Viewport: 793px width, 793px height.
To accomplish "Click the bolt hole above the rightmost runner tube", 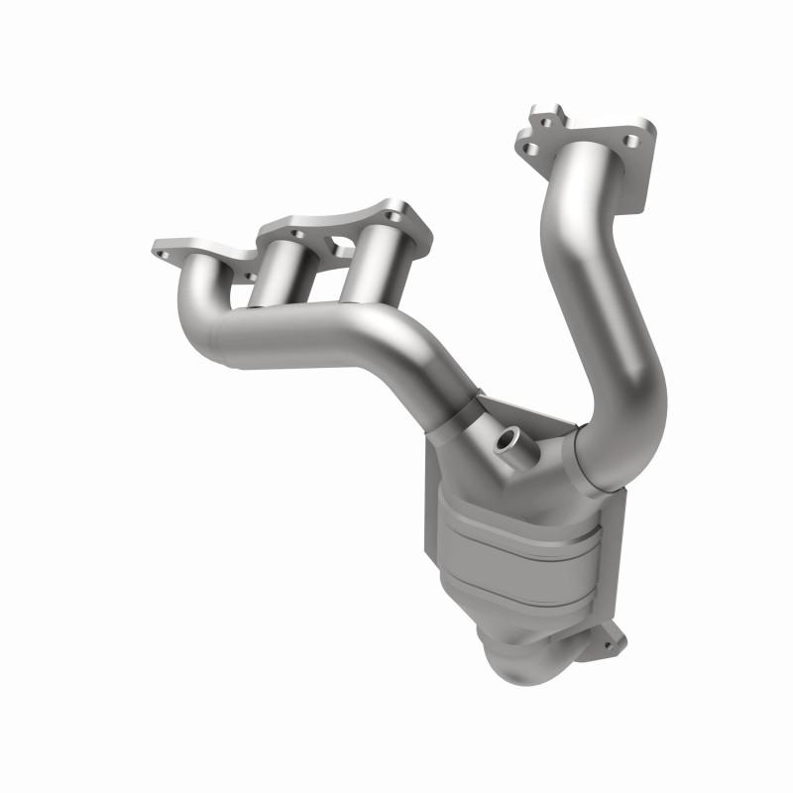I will (x=396, y=215).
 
